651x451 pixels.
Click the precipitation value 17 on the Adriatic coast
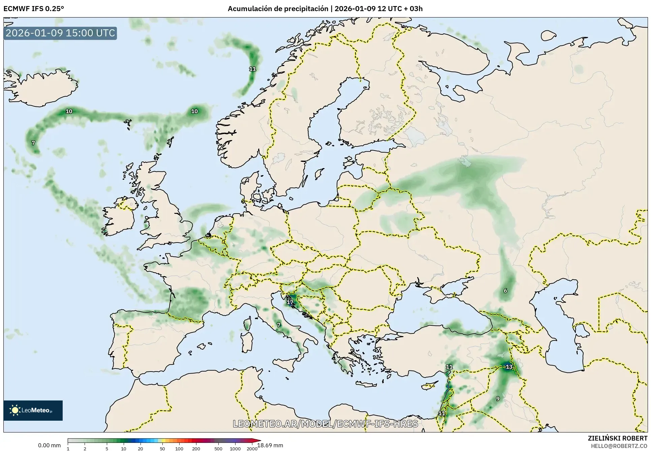(290, 302)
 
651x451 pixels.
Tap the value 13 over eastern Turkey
(509, 367)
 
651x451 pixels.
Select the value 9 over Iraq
(498, 399)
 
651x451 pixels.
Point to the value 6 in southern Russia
(505, 291)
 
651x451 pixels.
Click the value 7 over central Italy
(278, 325)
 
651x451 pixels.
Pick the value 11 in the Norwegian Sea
(252, 69)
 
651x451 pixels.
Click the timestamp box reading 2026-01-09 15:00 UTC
(60, 33)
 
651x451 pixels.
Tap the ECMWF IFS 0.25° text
(33, 9)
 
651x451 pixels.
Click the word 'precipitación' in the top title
(306, 9)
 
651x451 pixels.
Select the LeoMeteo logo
(33, 410)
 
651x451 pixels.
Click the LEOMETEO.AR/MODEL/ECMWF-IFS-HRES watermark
(325, 424)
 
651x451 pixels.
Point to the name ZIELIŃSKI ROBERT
(618, 439)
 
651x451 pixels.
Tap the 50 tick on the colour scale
(162, 449)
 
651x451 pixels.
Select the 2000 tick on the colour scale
(252, 449)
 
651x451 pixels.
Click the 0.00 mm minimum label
(49, 445)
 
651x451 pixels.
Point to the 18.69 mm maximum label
(270, 445)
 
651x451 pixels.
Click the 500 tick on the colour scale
(218, 449)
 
